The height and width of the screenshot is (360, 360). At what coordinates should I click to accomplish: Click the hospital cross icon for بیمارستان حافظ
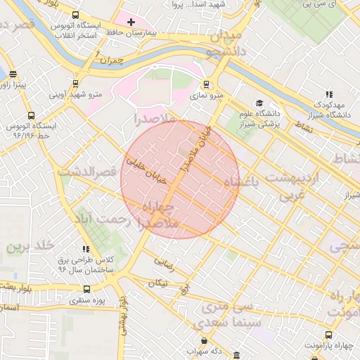(x=131, y=22)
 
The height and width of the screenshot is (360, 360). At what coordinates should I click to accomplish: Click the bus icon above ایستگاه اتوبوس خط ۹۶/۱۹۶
(x=30, y=115)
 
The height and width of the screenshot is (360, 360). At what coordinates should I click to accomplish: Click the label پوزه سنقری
(x=86, y=300)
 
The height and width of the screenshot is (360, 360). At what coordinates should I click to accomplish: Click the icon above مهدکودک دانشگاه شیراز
(x=329, y=94)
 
